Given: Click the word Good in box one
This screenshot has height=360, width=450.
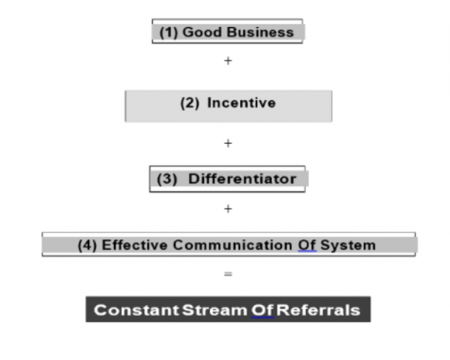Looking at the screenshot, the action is pyautogui.click(x=202, y=32).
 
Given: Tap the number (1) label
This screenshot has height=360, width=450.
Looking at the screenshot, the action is pyautogui.click(x=168, y=32).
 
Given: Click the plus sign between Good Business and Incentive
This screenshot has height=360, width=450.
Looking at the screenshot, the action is pyautogui.click(x=228, y=61).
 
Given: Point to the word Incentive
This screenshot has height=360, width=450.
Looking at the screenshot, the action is pyautogui.click(x=241, y=103).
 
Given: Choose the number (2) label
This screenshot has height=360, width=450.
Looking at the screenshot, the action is pyautogui.click(x=190, y=103).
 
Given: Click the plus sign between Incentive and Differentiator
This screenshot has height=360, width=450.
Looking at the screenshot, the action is pyautogui.click(x=228, y=143).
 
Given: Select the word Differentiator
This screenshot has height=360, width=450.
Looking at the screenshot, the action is pyautogui.click(x=242, y=179).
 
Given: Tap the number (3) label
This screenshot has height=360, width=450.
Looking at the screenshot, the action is pyautogui.click(x=166, y=179).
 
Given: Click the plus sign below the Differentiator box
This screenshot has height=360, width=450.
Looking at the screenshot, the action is pyautogui.click(x=228, y=209).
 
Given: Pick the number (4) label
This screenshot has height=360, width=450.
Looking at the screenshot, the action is pyautogui.click(x=87, y=246).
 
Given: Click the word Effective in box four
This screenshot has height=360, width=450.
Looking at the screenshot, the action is pyautogui.click(x=135, y=245).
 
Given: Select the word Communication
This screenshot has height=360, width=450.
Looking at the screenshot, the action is pyautogui.click(x=232, y=245).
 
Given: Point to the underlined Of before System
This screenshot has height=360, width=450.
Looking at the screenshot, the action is pyautogui.click(x=307, y=246).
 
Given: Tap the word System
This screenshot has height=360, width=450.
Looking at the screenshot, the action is pyautogui.click(x=348, y=246).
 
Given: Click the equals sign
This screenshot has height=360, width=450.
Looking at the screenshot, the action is pyautogui.click(x=228, y=274).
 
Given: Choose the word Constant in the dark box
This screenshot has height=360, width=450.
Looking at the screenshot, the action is pyautogui.click(x=137, y=310).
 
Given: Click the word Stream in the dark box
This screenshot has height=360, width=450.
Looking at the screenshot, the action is pyautogui.click(x=214, y=310).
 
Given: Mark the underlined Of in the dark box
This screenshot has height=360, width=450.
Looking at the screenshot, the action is pyautogui.click(x=262, y=310).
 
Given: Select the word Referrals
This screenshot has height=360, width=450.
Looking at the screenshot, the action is pyautogui.click(x=318, y=310).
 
